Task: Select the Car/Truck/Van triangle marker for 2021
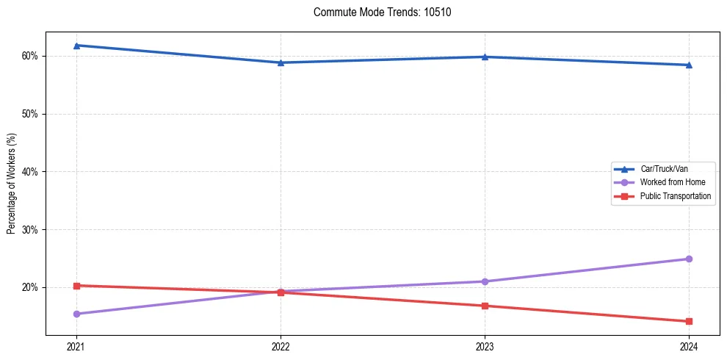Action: coord(76,46)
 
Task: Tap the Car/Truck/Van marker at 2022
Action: coord(281,62)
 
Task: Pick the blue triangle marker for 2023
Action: coord(485,57)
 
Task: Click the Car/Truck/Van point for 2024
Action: coord(689,65)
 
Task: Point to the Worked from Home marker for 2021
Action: coord(76,314)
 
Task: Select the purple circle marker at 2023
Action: coord(485,281)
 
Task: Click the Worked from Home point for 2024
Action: coord(689,259)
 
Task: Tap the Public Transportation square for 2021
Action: coord(76,285)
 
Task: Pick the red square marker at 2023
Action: coord(485,306)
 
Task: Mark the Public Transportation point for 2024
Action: coord(689,321)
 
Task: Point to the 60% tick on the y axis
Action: coord(30,56)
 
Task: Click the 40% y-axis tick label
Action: coord(30,172)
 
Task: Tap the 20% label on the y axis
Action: coord(30,287)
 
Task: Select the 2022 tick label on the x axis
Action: coord(281,346)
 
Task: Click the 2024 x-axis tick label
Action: coord(689,346)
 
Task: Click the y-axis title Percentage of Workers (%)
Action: coord(11,184)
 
